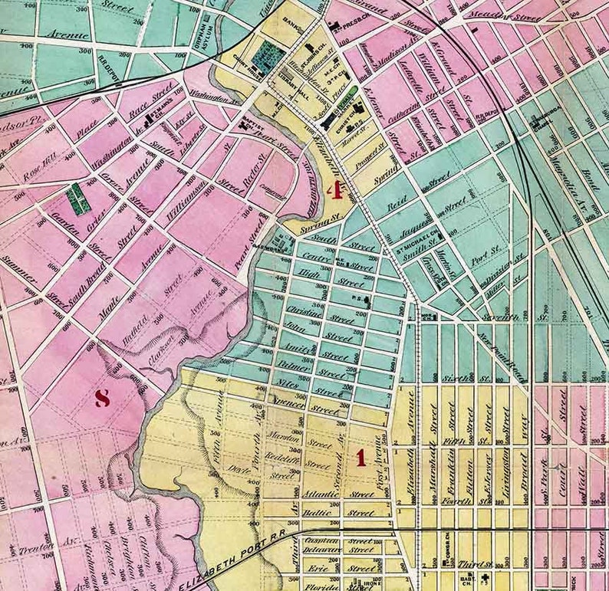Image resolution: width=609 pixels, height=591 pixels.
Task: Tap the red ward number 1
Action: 359,458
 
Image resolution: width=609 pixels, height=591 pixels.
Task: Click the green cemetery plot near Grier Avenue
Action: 76,199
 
